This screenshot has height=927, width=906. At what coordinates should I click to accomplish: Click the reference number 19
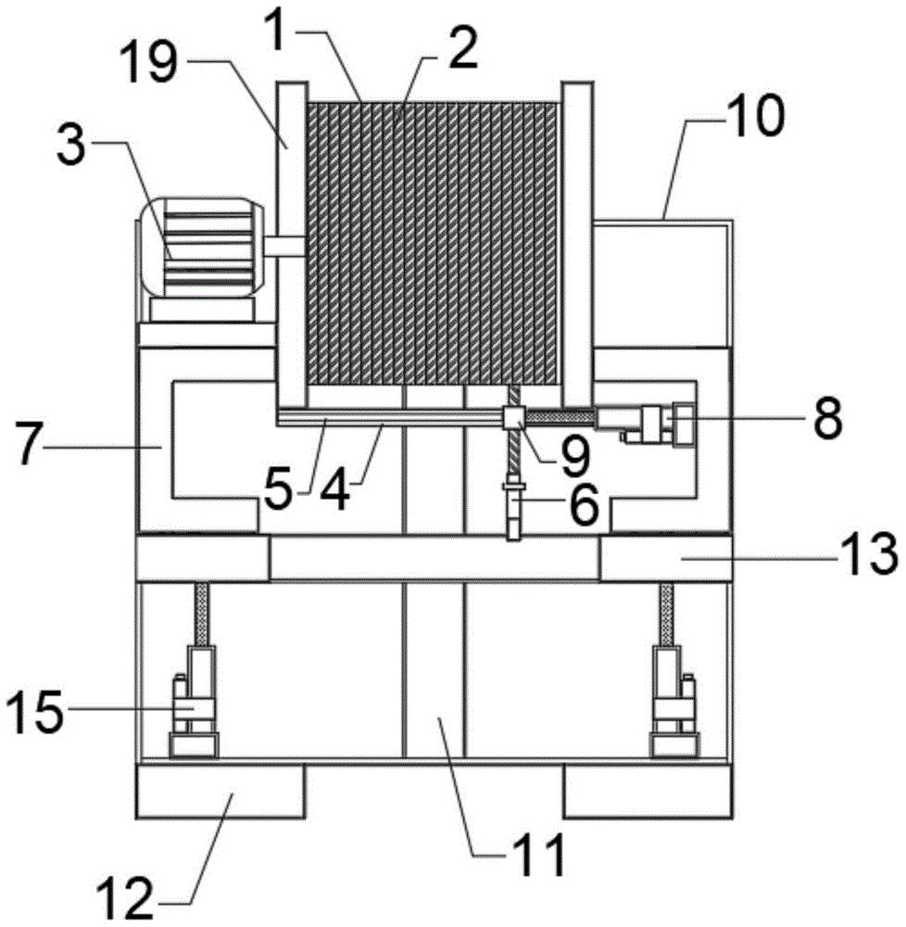coord(149,64)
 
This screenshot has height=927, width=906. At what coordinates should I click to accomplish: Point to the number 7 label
coord(27,448)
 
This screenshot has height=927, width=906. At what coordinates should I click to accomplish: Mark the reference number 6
coord(584,504)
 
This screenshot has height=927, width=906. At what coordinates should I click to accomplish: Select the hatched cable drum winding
coord(433,244)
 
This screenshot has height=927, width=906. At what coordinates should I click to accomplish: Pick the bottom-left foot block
coord(220,791)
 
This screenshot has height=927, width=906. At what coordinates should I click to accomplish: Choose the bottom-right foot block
coord(648,791)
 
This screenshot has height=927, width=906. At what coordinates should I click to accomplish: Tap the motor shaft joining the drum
coord(284,246)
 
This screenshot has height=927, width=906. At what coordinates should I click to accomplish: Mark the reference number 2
coord(461,50)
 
